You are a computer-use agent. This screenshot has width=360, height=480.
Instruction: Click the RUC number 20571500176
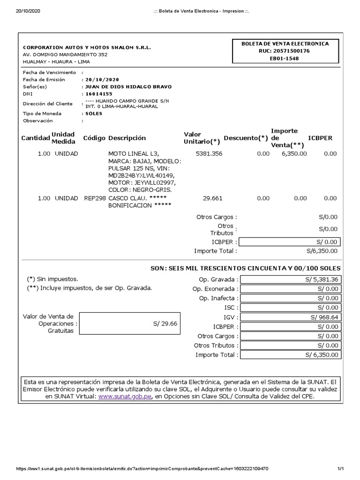(288, 51)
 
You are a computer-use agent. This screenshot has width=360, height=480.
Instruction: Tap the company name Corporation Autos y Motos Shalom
(87, 48)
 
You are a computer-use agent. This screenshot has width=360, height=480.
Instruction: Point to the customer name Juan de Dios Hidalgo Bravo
(127, 87)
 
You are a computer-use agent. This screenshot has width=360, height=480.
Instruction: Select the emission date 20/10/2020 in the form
(102, 80)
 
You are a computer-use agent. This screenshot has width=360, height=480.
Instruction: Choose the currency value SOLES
(94, 113)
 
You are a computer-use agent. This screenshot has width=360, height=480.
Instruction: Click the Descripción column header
(127, 138)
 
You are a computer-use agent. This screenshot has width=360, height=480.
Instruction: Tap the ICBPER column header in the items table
(320, 138)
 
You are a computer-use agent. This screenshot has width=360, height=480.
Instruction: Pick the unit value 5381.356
(209, 153)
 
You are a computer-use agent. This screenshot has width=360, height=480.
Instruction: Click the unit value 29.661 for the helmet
(212, 198)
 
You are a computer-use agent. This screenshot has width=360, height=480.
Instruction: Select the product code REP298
(95, 198)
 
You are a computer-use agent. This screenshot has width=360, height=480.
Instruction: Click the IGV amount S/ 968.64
(324, 317)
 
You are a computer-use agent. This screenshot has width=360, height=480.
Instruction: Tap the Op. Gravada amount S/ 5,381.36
(321, 279)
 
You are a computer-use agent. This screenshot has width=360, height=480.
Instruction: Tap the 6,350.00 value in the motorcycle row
(294, 153)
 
